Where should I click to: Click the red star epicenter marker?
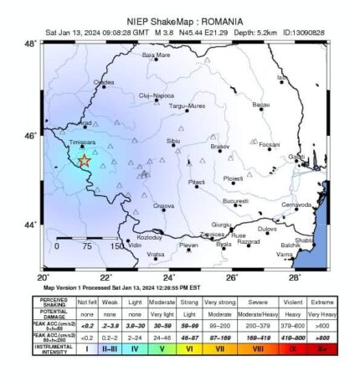(84, 161)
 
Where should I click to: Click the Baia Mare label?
(156, 55)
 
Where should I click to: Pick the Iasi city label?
(282, 77)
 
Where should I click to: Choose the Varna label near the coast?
(285, 252)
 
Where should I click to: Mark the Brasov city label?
(219, 147)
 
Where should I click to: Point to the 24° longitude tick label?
(168, 276)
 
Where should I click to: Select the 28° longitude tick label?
(295, 276)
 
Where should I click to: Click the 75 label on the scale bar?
(86, 246)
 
